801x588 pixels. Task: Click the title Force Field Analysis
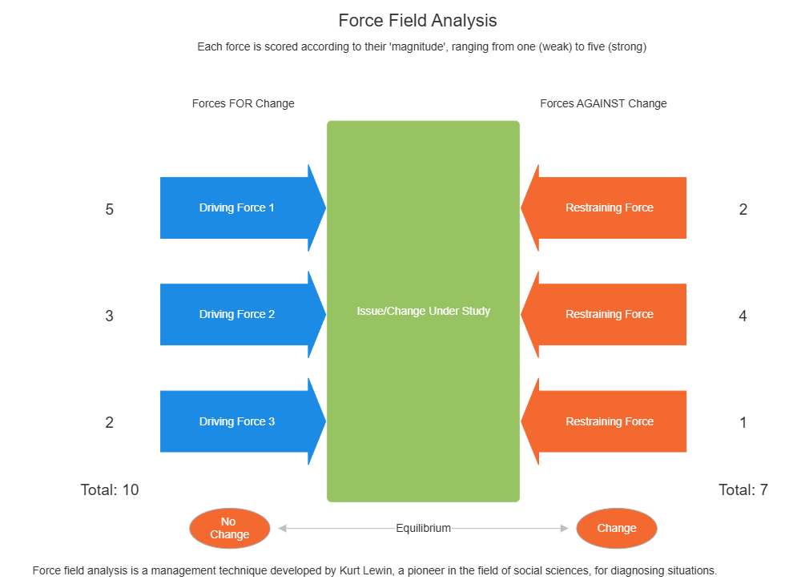click(417, 21)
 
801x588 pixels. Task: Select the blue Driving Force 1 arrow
click(237, 208)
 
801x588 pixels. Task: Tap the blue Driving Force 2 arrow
click(237, 315)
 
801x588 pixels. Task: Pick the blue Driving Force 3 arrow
click(237, 422)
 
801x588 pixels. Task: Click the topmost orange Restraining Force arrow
click(609, 208)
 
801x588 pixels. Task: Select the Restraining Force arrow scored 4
click(609, 315)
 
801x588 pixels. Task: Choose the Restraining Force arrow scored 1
click(609, 422)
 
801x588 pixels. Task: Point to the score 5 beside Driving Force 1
click(110, 210)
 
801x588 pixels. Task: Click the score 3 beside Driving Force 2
click(110, 316)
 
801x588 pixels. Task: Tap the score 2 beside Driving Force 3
click(110, 423)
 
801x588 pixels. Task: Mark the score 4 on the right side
click(743, 316)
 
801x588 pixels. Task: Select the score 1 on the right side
click(743, 423)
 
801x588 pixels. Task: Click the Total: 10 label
click(110, 489)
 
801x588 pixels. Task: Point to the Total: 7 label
click(743, 489)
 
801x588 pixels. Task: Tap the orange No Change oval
click(229, 529)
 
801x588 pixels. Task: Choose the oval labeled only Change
click(616, 529)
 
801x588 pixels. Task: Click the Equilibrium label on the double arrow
click(423, 529)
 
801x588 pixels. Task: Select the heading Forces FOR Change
click(243, 103)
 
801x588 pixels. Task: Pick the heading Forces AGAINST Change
click(603, 103)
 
